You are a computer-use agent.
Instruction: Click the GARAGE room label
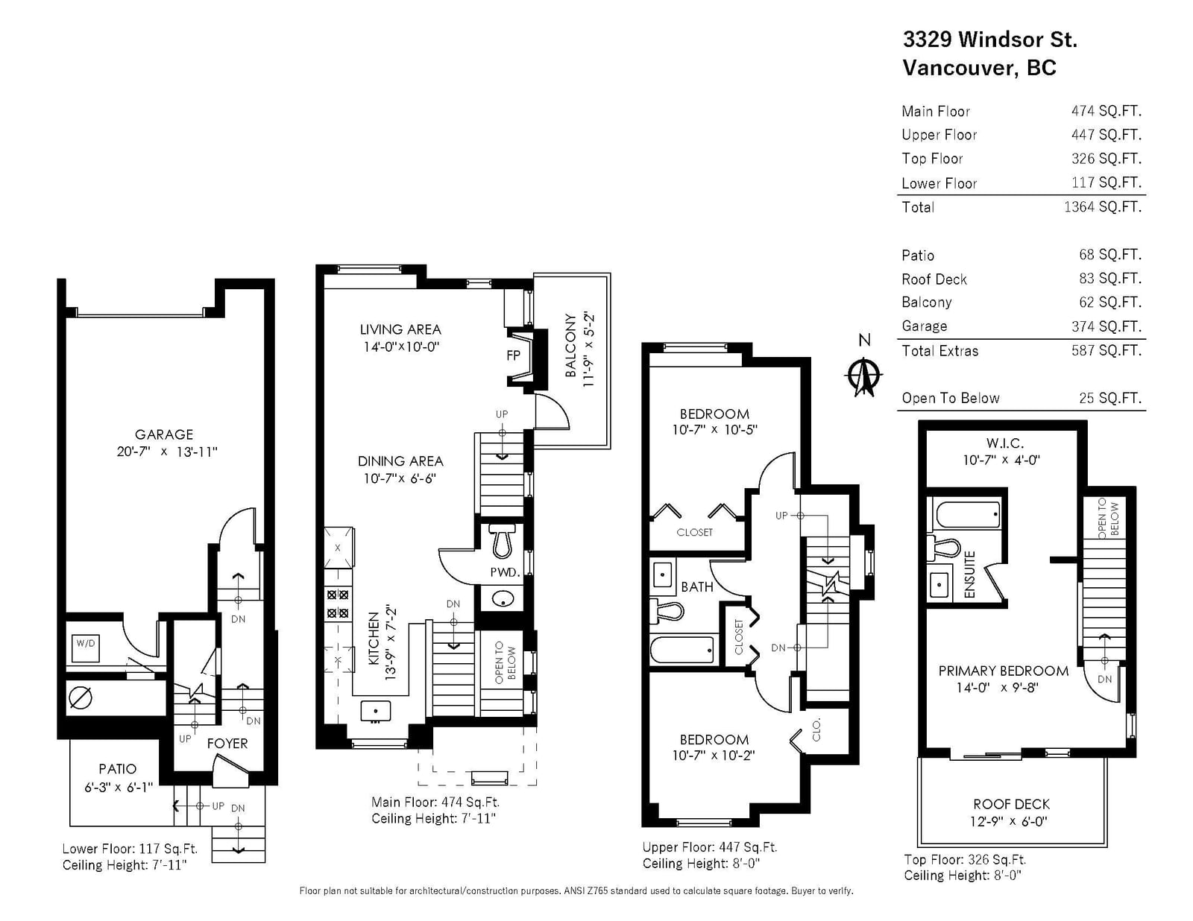tap(163, 434)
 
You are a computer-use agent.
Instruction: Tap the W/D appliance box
tap(86, 648)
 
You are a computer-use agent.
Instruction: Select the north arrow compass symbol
tap(863, 376)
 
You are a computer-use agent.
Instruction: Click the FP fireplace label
tap(513, 355)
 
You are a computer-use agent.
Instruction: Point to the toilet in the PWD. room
tap(502, 540)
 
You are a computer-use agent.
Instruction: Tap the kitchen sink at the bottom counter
tap(376, 711)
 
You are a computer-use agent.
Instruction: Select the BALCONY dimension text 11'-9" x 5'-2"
tap(588, 349)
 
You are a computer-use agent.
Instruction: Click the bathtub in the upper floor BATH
tap(682, 650)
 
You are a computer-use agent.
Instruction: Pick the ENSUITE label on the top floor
tap(969, 575)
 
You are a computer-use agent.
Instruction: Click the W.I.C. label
tap(1004, 443)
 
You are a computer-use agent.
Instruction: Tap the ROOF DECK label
tap(1011, 804)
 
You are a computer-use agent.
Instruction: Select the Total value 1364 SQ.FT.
tap(1103, 207)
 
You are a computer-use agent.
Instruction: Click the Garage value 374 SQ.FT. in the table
tap(1107, 326)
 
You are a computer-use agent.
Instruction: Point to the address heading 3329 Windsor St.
tap(990, 39)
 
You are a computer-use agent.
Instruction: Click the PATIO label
tap(118, 768)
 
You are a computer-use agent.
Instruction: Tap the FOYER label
tap(227, 743)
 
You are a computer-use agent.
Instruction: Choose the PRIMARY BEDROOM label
tap(1003, 671)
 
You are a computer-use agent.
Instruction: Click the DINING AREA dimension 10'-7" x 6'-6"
tap(400, 478)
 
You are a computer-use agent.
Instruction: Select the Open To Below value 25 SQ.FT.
tap(1110, 398)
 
